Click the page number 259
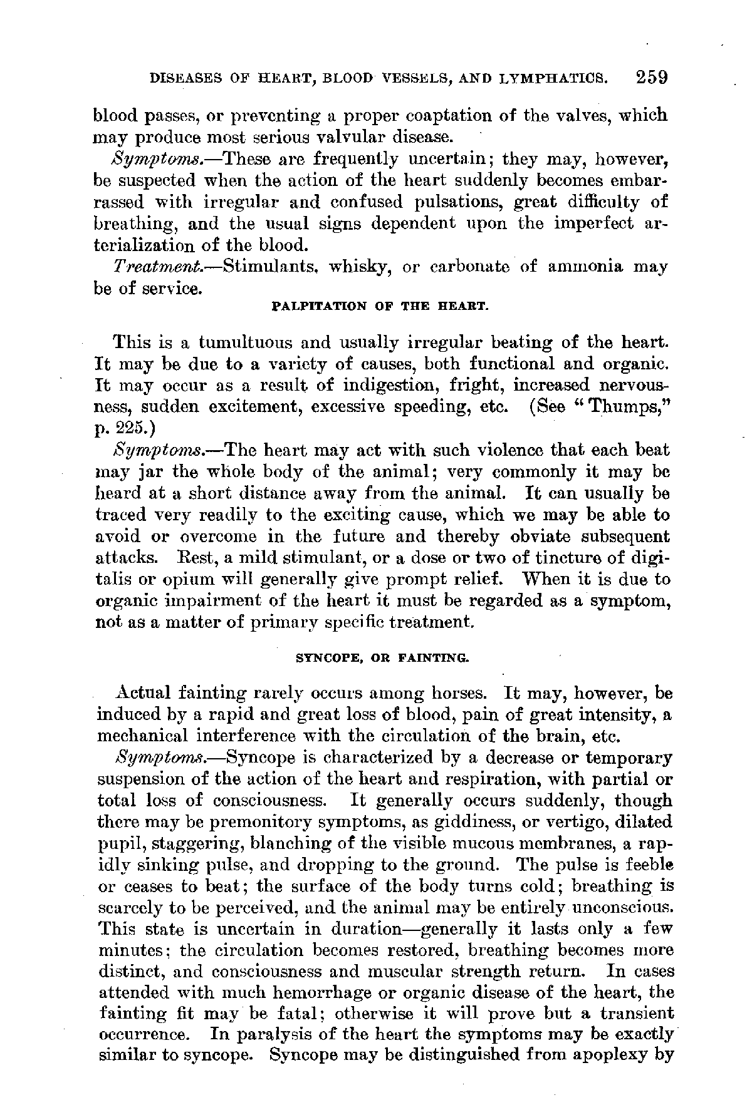click(651, 78)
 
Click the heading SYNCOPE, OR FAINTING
click(382, 658)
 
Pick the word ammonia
click(585, 267)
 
